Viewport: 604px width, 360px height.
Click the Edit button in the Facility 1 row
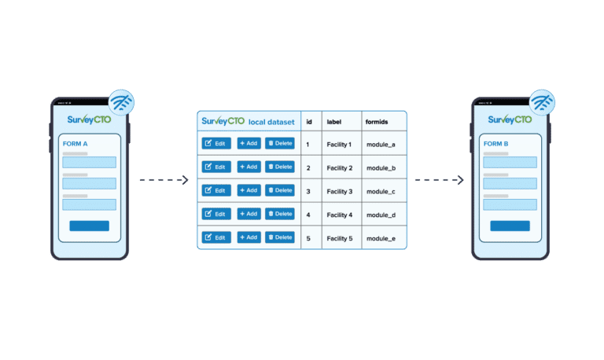(216, 143)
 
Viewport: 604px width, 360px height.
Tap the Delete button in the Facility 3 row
(279, 190)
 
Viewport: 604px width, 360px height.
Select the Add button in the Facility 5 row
(249, 237)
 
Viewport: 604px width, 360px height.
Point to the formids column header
(377, 122)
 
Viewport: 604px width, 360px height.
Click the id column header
(309, 122)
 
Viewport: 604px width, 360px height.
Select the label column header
(334, 122)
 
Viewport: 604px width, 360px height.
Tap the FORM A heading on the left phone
(75, 144)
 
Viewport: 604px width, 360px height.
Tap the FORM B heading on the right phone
(496, 144)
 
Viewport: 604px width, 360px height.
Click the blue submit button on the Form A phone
(89, 226)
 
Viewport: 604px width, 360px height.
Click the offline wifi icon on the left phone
(120, 103)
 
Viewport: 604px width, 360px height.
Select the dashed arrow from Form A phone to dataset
(164, 181)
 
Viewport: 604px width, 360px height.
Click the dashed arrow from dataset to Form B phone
(439, 181)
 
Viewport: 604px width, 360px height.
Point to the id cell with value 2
(308, 168)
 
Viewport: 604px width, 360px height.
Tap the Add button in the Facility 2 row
(249, 167)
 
